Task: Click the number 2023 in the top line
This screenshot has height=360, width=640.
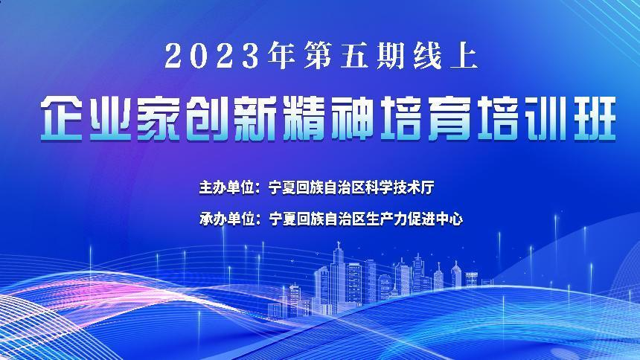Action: [x=212, y=56]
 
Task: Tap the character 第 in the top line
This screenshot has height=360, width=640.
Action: [x=317, y=56]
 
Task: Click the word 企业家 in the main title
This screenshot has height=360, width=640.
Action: [x=110, y=119]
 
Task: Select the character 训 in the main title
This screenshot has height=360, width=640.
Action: [x=547, y=119]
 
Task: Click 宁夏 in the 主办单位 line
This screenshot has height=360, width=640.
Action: [x=282, y=187]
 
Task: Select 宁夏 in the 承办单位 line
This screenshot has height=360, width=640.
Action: [x=282, y=219]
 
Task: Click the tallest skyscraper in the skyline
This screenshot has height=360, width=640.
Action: [x=339, y=277]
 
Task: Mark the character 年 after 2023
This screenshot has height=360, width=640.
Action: [x=282, y=56]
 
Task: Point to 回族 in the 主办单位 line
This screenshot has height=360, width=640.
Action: [x=310, y=187]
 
